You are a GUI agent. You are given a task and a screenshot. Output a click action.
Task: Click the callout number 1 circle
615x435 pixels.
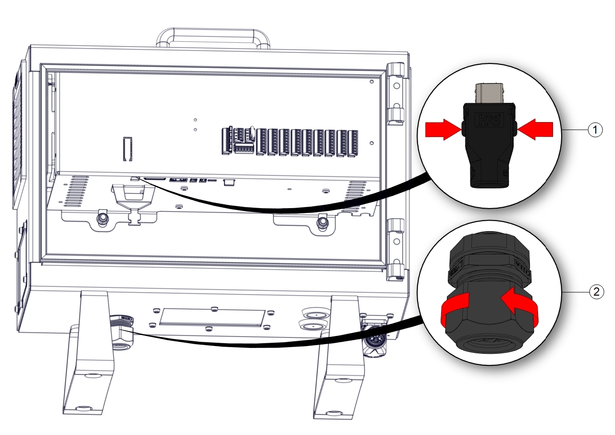pos(595,130)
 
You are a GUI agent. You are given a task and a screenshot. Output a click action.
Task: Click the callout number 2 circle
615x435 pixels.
pos(596,291)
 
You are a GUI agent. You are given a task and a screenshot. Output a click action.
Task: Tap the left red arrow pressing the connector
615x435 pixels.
pos(443,129)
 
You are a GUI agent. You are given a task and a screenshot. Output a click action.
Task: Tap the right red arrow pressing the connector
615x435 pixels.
pos(535,129)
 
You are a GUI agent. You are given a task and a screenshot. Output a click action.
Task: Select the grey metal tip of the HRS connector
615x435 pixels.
pos(489,93)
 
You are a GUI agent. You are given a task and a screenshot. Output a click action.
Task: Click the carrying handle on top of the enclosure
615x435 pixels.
pos(213,37)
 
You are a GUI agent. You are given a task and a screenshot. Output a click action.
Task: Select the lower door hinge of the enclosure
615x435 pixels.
pos(395,249)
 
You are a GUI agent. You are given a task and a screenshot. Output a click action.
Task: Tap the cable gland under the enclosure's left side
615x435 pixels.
pos(122,333)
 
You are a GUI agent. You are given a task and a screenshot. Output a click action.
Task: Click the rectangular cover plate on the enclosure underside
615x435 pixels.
pos(212,317)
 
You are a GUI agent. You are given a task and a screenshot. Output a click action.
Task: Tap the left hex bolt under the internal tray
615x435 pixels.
pos(102,219)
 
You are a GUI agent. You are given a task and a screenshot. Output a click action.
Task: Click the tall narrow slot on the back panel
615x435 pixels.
pos(128,149)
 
